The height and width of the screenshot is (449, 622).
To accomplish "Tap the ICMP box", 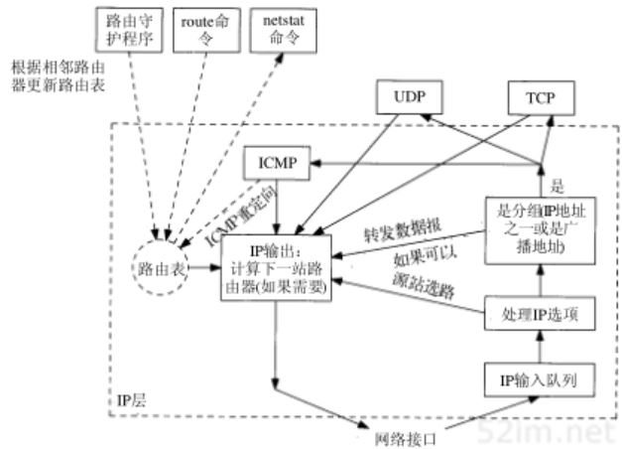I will pos(276,162).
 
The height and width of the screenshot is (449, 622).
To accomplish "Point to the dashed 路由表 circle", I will pos(162,267).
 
